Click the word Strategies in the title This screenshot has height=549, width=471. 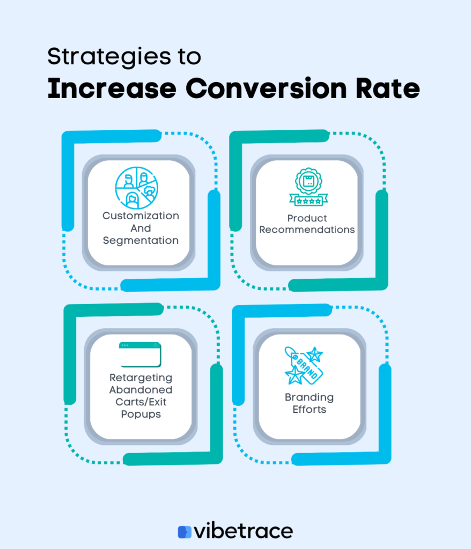(109, 57)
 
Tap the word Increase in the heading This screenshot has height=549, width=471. (112, 88)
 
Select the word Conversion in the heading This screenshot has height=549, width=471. (266, 88)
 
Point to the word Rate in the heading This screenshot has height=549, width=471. (388, 88)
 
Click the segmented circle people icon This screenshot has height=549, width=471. (137, 188)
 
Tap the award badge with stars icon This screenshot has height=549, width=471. (308, 187)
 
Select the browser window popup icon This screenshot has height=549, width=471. (140, 354)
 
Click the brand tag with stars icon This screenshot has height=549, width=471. (304, 366)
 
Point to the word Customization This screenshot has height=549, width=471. (141, 216)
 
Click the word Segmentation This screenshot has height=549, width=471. (141, 241)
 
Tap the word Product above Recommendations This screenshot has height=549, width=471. (307, 218)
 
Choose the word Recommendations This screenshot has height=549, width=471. (307, 229)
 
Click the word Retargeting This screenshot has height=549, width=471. (141, 378)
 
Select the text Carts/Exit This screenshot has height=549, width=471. (141, 402)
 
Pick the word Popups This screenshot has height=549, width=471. (141, 414)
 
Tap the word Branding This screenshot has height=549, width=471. (310, 397)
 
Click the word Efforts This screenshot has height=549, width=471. (310, 409)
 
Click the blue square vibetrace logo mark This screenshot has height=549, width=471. (185, 532)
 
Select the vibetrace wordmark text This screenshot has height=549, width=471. (244, 531)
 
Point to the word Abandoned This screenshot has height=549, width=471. (141, 390)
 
